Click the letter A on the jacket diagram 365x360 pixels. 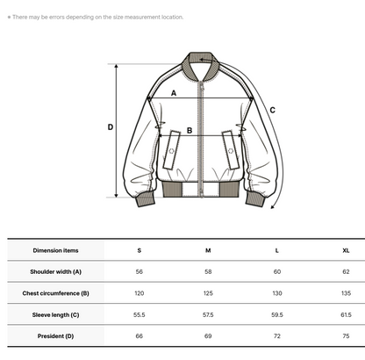[x=174, y=93]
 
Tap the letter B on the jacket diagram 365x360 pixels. [x=190, y=131]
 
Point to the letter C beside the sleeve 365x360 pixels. [x=273, y=111]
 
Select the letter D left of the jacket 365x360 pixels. [x=111, y=127]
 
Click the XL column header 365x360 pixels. [x=346, y=250]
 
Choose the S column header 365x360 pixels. [x=140, y=250]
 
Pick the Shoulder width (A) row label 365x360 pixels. [x=55, y=272]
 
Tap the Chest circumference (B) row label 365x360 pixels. [x=55, y=293]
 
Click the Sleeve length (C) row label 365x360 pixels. [x=55, y=315]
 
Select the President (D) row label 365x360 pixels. [x=55, y=336]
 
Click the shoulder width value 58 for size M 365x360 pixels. [x=208, y=272]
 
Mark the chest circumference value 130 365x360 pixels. [x=277, y=293]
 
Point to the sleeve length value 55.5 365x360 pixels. [x=140, y=315]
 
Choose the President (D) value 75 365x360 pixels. [x=346, y=336]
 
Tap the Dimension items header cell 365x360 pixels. [x=55, y=250]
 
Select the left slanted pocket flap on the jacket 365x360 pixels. [x=171, y=150]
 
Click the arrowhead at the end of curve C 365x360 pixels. [x=273, y=207]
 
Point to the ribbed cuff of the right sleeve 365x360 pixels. [x=255, y=199]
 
